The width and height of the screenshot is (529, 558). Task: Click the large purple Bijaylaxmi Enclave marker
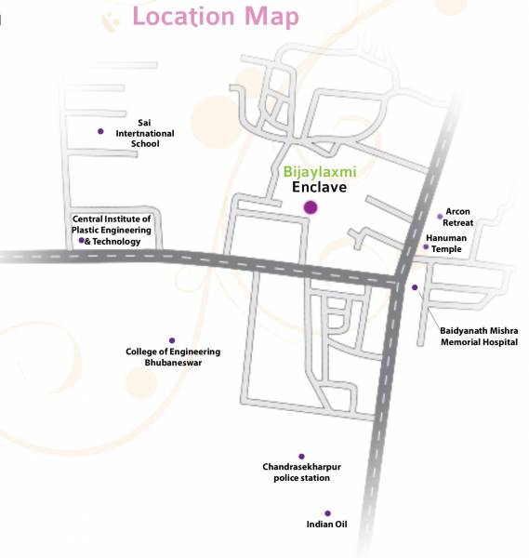pyautogui.click(x=311, y=207)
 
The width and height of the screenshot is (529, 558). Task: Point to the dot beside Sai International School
pyautogui.click(x=100, y=131)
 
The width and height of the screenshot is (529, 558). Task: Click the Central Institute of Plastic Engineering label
pyautogui.click(x=112, y=230)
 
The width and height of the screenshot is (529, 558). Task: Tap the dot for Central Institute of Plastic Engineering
pyautogui.click(x=82, y=241)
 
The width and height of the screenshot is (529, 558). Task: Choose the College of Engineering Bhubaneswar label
pyautogui.click(x=173, y=357)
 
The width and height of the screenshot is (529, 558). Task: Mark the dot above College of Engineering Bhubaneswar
pyautogui.click(x=172, y=340)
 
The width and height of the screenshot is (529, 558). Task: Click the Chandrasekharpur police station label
pyautogui.click(x=302, y=472)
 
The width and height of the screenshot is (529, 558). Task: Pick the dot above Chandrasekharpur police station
pyautogui.click(x=301, y=456)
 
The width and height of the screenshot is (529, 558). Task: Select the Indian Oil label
pyautogui.click(x=327, y=525)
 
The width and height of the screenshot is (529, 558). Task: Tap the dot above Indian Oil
pyautogui.click(x=327, y=512)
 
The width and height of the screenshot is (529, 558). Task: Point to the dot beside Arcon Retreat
pyautogui.click(x=440, y=216)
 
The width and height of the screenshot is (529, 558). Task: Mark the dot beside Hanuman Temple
pyautogui.click(x=426, y=247)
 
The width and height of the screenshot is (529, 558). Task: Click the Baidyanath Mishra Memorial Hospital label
pyautogui.click(x=479, y=336)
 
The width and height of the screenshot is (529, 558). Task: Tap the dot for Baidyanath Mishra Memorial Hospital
pyautogui.click(x=415, y=287)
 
